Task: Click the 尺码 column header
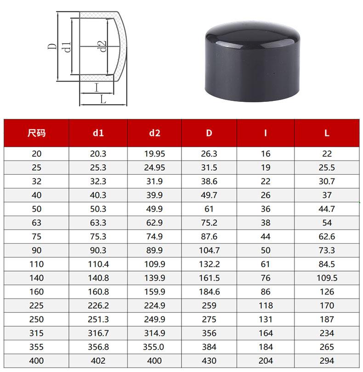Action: tap(36, 133)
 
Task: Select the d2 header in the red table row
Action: tap(154, 133)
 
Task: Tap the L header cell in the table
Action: tap(327, 133)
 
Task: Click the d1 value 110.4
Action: tap(98, 264)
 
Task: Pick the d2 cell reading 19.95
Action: tap(154, 154)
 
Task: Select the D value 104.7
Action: tap(209, 250)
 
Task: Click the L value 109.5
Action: tap(327, 278)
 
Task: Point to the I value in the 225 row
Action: tap(266, 305)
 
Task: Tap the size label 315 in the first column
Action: tap(36, 333)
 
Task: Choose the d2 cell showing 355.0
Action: tap(153, 347)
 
